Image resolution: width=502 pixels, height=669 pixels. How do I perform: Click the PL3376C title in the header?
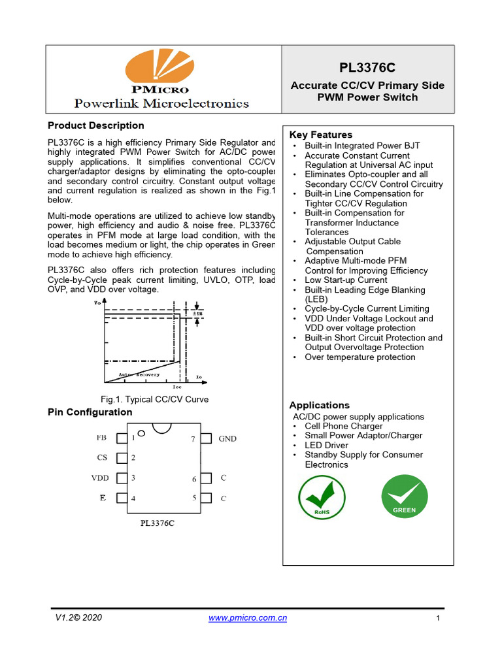click(x=367, y=68)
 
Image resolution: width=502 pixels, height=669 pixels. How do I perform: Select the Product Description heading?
click(x=96, y=125)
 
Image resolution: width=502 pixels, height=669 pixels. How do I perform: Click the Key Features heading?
click(x=321, y=135)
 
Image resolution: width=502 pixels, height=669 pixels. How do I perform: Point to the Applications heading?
click(x=320, y=405)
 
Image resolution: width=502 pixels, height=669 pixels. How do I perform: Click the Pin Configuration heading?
click(x=90, y=412)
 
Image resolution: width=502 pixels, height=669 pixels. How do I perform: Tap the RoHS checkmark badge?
click(x=322, y=498)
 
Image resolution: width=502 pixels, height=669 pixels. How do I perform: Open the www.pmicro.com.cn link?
click(x=248, y=617)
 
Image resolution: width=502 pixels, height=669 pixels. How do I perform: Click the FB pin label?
click(x=101, y=438)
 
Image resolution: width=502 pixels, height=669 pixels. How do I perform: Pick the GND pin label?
click(x=227, y=439)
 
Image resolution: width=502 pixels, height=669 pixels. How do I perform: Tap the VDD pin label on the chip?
click(x=100, y=478)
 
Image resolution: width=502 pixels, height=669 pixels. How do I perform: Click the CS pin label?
click(x=102, y=458)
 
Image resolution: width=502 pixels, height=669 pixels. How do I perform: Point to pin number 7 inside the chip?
click(x=193, y=440)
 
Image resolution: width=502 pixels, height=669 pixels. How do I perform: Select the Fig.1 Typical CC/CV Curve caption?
click(x=154, y=399)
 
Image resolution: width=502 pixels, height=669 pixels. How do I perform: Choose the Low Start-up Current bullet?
click(x=346, y=280)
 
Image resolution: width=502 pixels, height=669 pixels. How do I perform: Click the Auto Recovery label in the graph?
click(x=139, y=374)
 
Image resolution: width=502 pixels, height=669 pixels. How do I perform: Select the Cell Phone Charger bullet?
click(x=344, y=426)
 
